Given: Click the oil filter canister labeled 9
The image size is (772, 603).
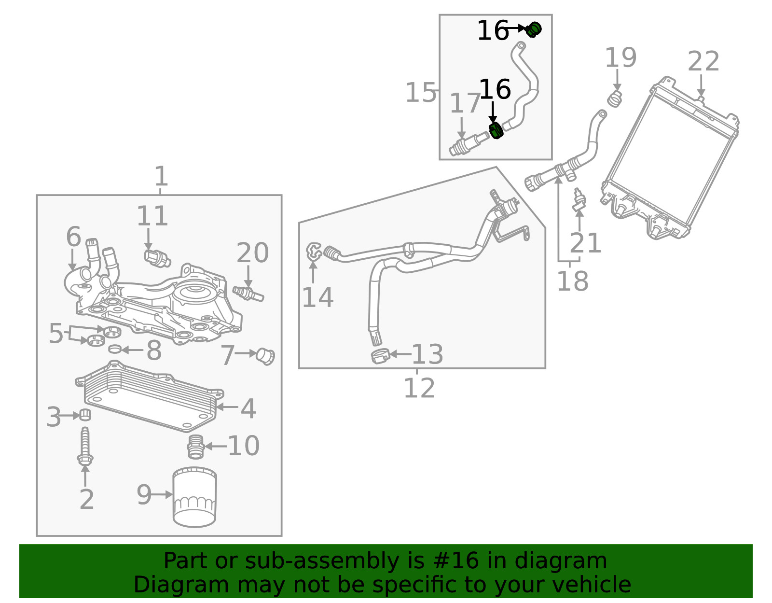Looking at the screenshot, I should (194, 497).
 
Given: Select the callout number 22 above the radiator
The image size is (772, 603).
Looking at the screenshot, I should (703, 62).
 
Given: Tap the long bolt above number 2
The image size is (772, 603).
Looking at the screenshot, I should (85, 447).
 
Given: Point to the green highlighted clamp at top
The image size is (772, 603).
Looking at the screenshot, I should (534, 29).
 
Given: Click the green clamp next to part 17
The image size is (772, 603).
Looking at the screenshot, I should (496, 130).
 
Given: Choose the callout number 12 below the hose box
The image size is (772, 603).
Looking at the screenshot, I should (419, 388).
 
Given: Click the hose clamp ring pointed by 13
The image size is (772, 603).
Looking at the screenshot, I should (380, 356).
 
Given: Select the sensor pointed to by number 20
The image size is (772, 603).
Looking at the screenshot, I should (248, 293).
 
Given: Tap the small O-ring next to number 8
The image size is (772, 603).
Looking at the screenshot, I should (114, 349).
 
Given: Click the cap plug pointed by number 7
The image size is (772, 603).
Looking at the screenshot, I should (265, 356).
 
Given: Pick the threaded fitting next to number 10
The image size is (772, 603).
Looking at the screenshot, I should (195, 447).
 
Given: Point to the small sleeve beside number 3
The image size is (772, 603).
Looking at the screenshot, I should (85, 414).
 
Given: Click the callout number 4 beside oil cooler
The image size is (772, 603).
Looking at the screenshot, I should (248, 408).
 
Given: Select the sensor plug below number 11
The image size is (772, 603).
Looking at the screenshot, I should (157, 258).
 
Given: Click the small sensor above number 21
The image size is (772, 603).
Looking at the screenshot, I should (579, 199).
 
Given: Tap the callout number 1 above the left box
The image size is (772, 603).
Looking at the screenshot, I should (161, 177).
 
